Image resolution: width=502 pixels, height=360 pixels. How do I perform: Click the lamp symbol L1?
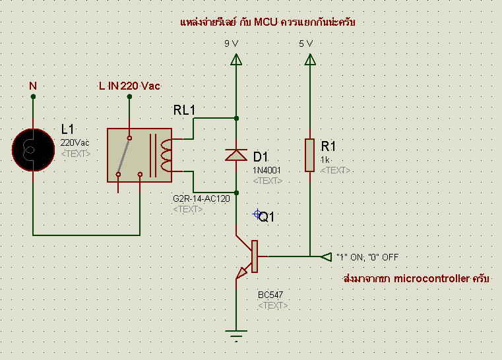(33, 150)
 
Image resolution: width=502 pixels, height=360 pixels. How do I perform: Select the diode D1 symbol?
(236, 155)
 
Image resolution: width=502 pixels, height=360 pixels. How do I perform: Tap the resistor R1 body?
(309, 155)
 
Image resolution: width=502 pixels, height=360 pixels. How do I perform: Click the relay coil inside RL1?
(166, 155)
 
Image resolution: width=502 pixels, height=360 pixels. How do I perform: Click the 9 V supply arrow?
(236, 59)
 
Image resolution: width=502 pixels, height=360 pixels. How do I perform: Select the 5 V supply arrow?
(310, 59)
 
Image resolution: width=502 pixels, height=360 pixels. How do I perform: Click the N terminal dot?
(33, 96)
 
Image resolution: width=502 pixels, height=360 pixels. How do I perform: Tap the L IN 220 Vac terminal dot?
(129, 96)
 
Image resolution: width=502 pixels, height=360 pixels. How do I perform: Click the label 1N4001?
(267, 170)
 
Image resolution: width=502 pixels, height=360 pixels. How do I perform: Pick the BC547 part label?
(270, 295)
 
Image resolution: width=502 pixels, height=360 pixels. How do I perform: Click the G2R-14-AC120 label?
(201, 198)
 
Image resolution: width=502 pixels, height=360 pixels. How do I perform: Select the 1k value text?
(325, 160)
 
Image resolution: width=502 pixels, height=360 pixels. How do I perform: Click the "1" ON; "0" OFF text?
(367, 257)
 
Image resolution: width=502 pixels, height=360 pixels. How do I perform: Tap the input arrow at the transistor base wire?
(327, 256)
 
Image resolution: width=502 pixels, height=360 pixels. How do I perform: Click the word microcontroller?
(431, 279)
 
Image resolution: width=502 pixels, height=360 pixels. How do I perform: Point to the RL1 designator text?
(184, 110)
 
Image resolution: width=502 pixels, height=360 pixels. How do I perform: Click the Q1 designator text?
(267, 217)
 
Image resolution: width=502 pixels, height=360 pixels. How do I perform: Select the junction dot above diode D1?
(236, 119)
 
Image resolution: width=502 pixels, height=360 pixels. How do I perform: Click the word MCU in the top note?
(266, 22)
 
